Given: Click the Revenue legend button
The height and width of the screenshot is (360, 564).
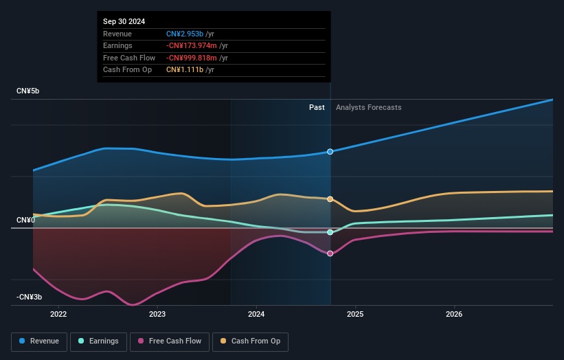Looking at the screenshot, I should (x=40, y=341).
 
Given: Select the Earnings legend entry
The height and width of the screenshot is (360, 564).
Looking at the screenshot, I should (x=99, y=341).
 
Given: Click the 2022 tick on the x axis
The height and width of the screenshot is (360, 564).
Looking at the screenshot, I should (x=58, y=315).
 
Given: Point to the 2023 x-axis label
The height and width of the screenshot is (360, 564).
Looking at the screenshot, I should (x=157, y=315).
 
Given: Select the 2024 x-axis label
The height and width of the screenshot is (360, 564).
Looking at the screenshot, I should (x=256, y=315).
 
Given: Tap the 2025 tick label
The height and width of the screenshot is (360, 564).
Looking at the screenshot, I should (x=355, y=315).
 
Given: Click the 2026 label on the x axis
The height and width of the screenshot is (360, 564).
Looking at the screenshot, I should (x=454, y=315).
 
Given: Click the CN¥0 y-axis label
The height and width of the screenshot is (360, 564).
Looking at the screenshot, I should (x=26, y=220).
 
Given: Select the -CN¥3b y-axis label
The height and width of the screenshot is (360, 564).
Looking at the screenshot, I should (x=30, y=297).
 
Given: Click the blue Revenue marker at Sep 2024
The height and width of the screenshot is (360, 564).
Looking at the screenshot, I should (x=330, y=151).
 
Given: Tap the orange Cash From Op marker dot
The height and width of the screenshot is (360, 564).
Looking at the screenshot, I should (x=330, y=199).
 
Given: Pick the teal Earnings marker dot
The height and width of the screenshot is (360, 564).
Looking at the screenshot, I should (x=330, y=232).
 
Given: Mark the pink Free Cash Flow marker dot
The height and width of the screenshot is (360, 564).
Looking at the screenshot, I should (x=330, y=254).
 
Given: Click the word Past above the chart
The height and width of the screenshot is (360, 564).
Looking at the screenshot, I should (x=317, y=107).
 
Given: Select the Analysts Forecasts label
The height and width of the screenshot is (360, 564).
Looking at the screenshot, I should (x=368, y=107).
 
